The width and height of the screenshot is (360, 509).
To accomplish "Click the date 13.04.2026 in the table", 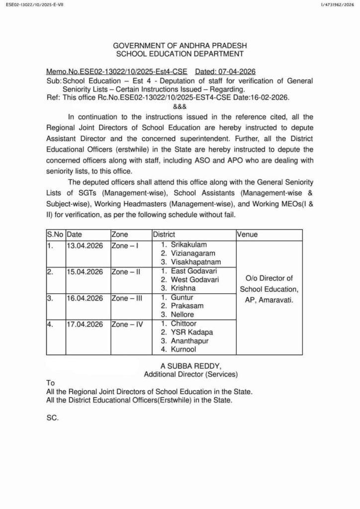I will (x=85, y=245).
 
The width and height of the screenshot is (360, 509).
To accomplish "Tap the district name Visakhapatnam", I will (x=195, y=262).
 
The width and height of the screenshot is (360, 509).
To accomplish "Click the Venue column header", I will (x=247, y=234).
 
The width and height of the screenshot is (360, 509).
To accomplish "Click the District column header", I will (x=164, y=234).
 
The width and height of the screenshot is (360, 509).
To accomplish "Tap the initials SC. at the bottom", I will (x=52, y=418).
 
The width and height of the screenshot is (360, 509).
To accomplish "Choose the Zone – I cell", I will (x=125, y=245).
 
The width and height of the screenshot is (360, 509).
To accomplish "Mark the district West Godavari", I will (x=194, y=280).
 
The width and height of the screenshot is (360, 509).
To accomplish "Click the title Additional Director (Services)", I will (x=190, y=374).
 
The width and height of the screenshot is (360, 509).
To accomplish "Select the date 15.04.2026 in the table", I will (x=85, y=271).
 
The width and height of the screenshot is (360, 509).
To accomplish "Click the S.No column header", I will (x=55, y=234).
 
